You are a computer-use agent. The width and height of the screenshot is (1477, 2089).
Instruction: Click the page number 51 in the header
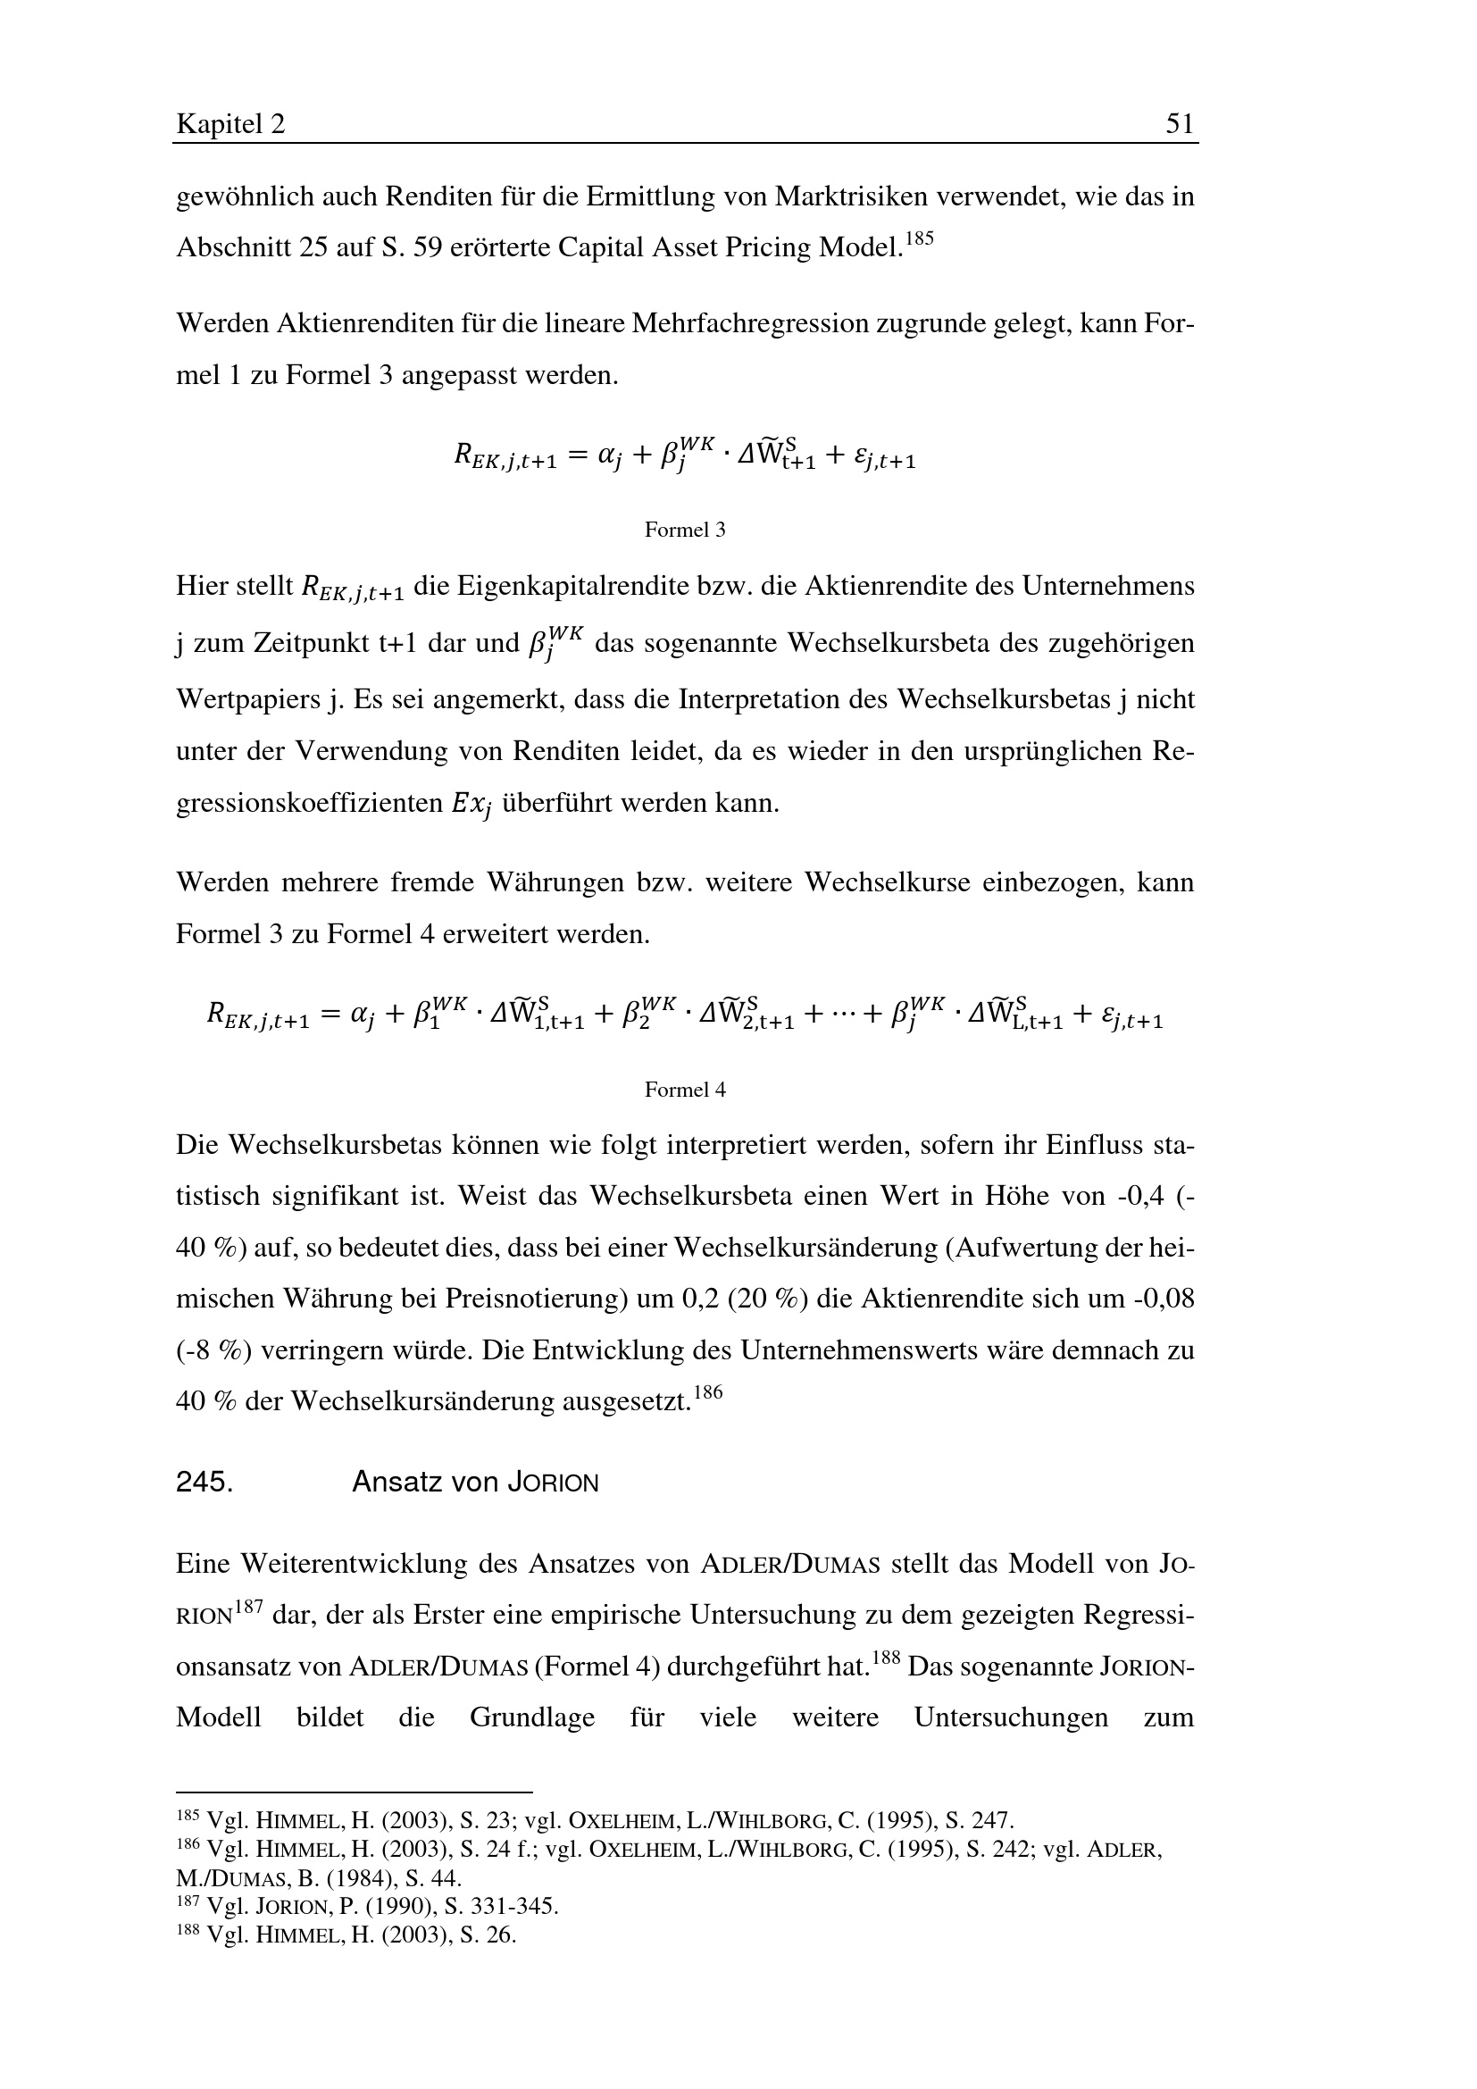point(1179,124)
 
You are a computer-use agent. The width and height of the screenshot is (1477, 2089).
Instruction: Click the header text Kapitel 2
point(230,124)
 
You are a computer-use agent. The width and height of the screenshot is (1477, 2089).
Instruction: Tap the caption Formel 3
point(685,530)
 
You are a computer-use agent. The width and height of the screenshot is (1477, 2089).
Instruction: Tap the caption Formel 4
point(685,1089)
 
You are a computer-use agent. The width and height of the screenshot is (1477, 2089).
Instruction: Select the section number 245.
point(204,1483)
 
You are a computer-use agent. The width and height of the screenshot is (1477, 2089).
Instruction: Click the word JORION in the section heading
point(553,1483)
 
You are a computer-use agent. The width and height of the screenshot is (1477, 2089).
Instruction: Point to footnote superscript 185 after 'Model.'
point(920,239)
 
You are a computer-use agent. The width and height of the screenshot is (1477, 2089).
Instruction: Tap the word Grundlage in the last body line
point(532,1717)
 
